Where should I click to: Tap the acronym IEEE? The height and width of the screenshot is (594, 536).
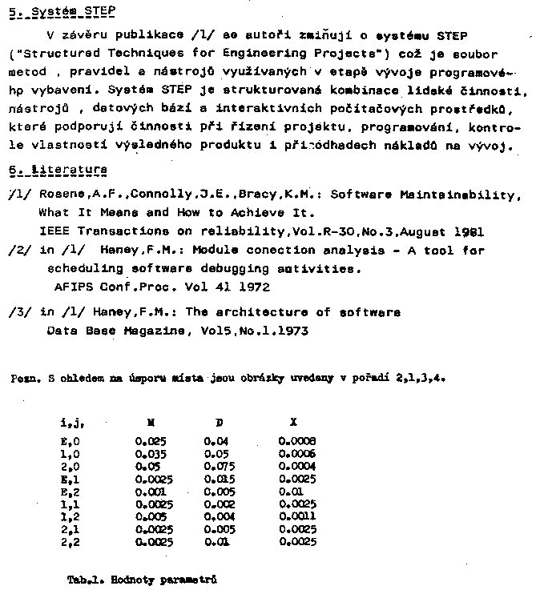(53, 232)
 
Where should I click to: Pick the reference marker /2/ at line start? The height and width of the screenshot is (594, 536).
(16, 251)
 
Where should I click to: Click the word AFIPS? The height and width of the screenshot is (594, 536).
(75, 287)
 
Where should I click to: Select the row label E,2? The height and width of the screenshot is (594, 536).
(70, 492)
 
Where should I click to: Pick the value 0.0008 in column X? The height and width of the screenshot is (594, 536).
(297, 440)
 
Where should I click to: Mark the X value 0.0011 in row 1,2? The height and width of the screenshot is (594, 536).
(297, 517)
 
